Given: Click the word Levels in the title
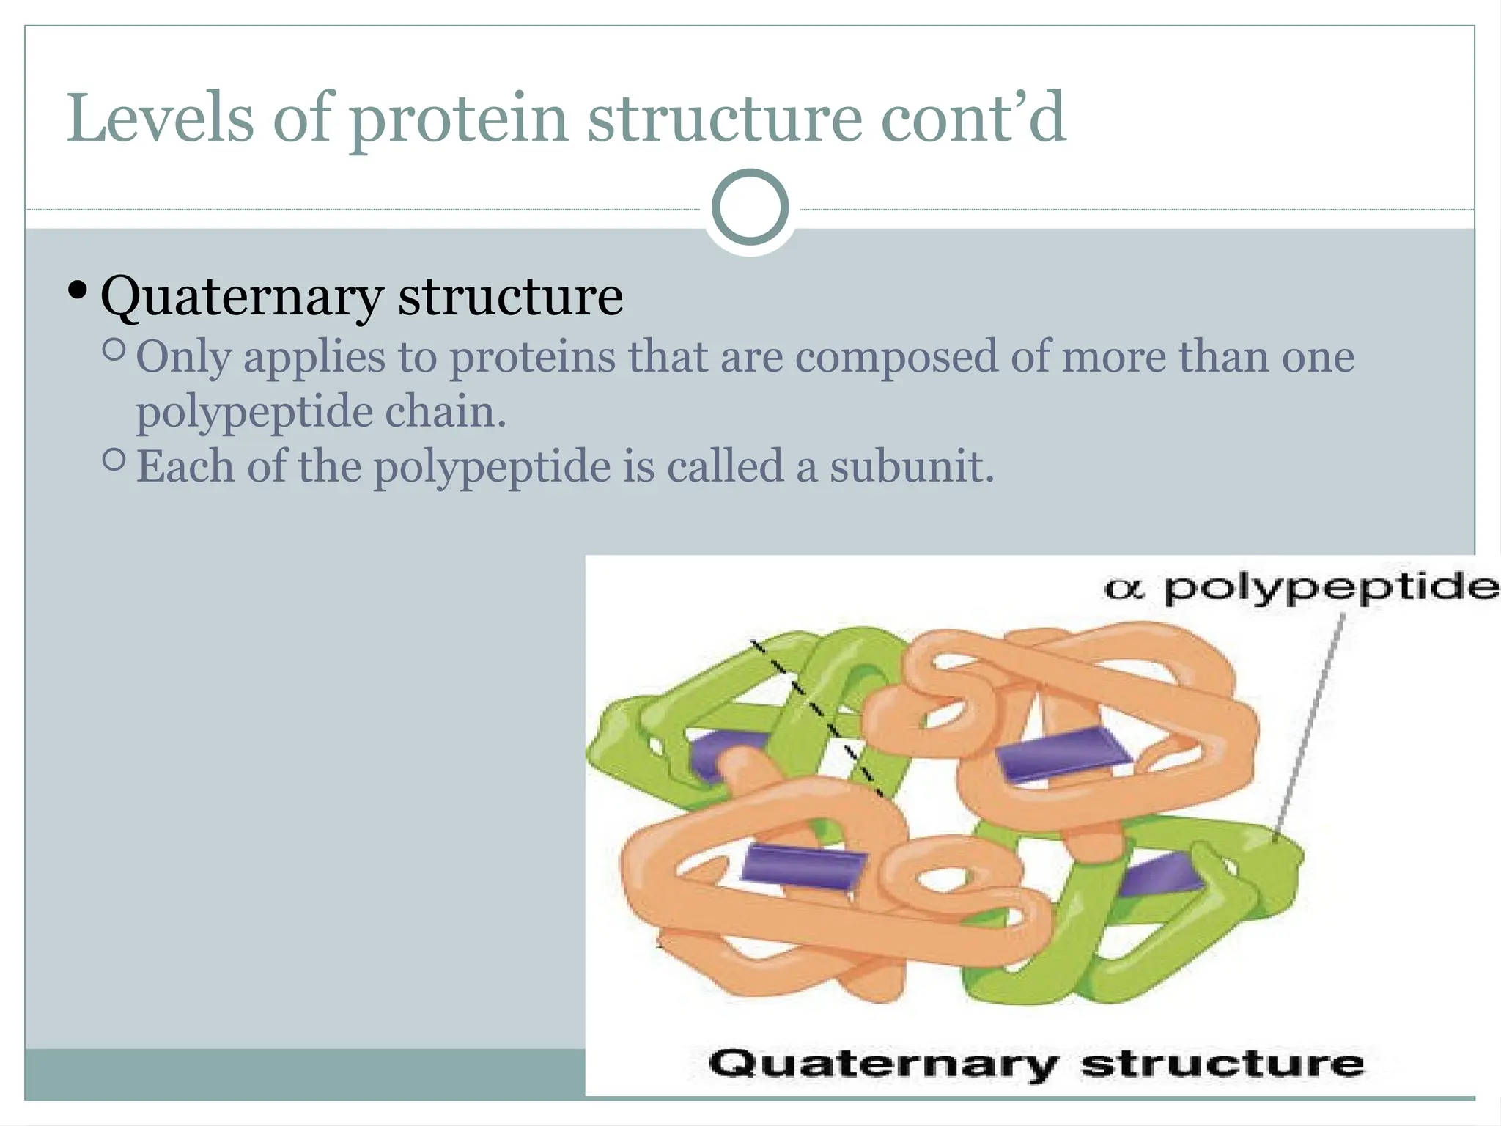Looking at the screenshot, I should pyautogui.click(x=160, y=119).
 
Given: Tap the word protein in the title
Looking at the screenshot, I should pyautogui.click(x=459, y=119).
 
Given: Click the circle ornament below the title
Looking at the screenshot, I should pyautogui.click(x=750, y=207).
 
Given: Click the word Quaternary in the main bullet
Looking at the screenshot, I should pyautogui.click(x=240, y=297).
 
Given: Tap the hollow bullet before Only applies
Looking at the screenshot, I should pyautogui.click(x=114, y=350).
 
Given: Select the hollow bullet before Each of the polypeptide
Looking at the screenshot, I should pyautogui.click(x=114, y=460).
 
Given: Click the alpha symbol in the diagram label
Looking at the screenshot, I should pyautogui.click(x=1124, y=589).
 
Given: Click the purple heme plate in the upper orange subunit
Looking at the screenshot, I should pyautogui.click(x=1063, y=755).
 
